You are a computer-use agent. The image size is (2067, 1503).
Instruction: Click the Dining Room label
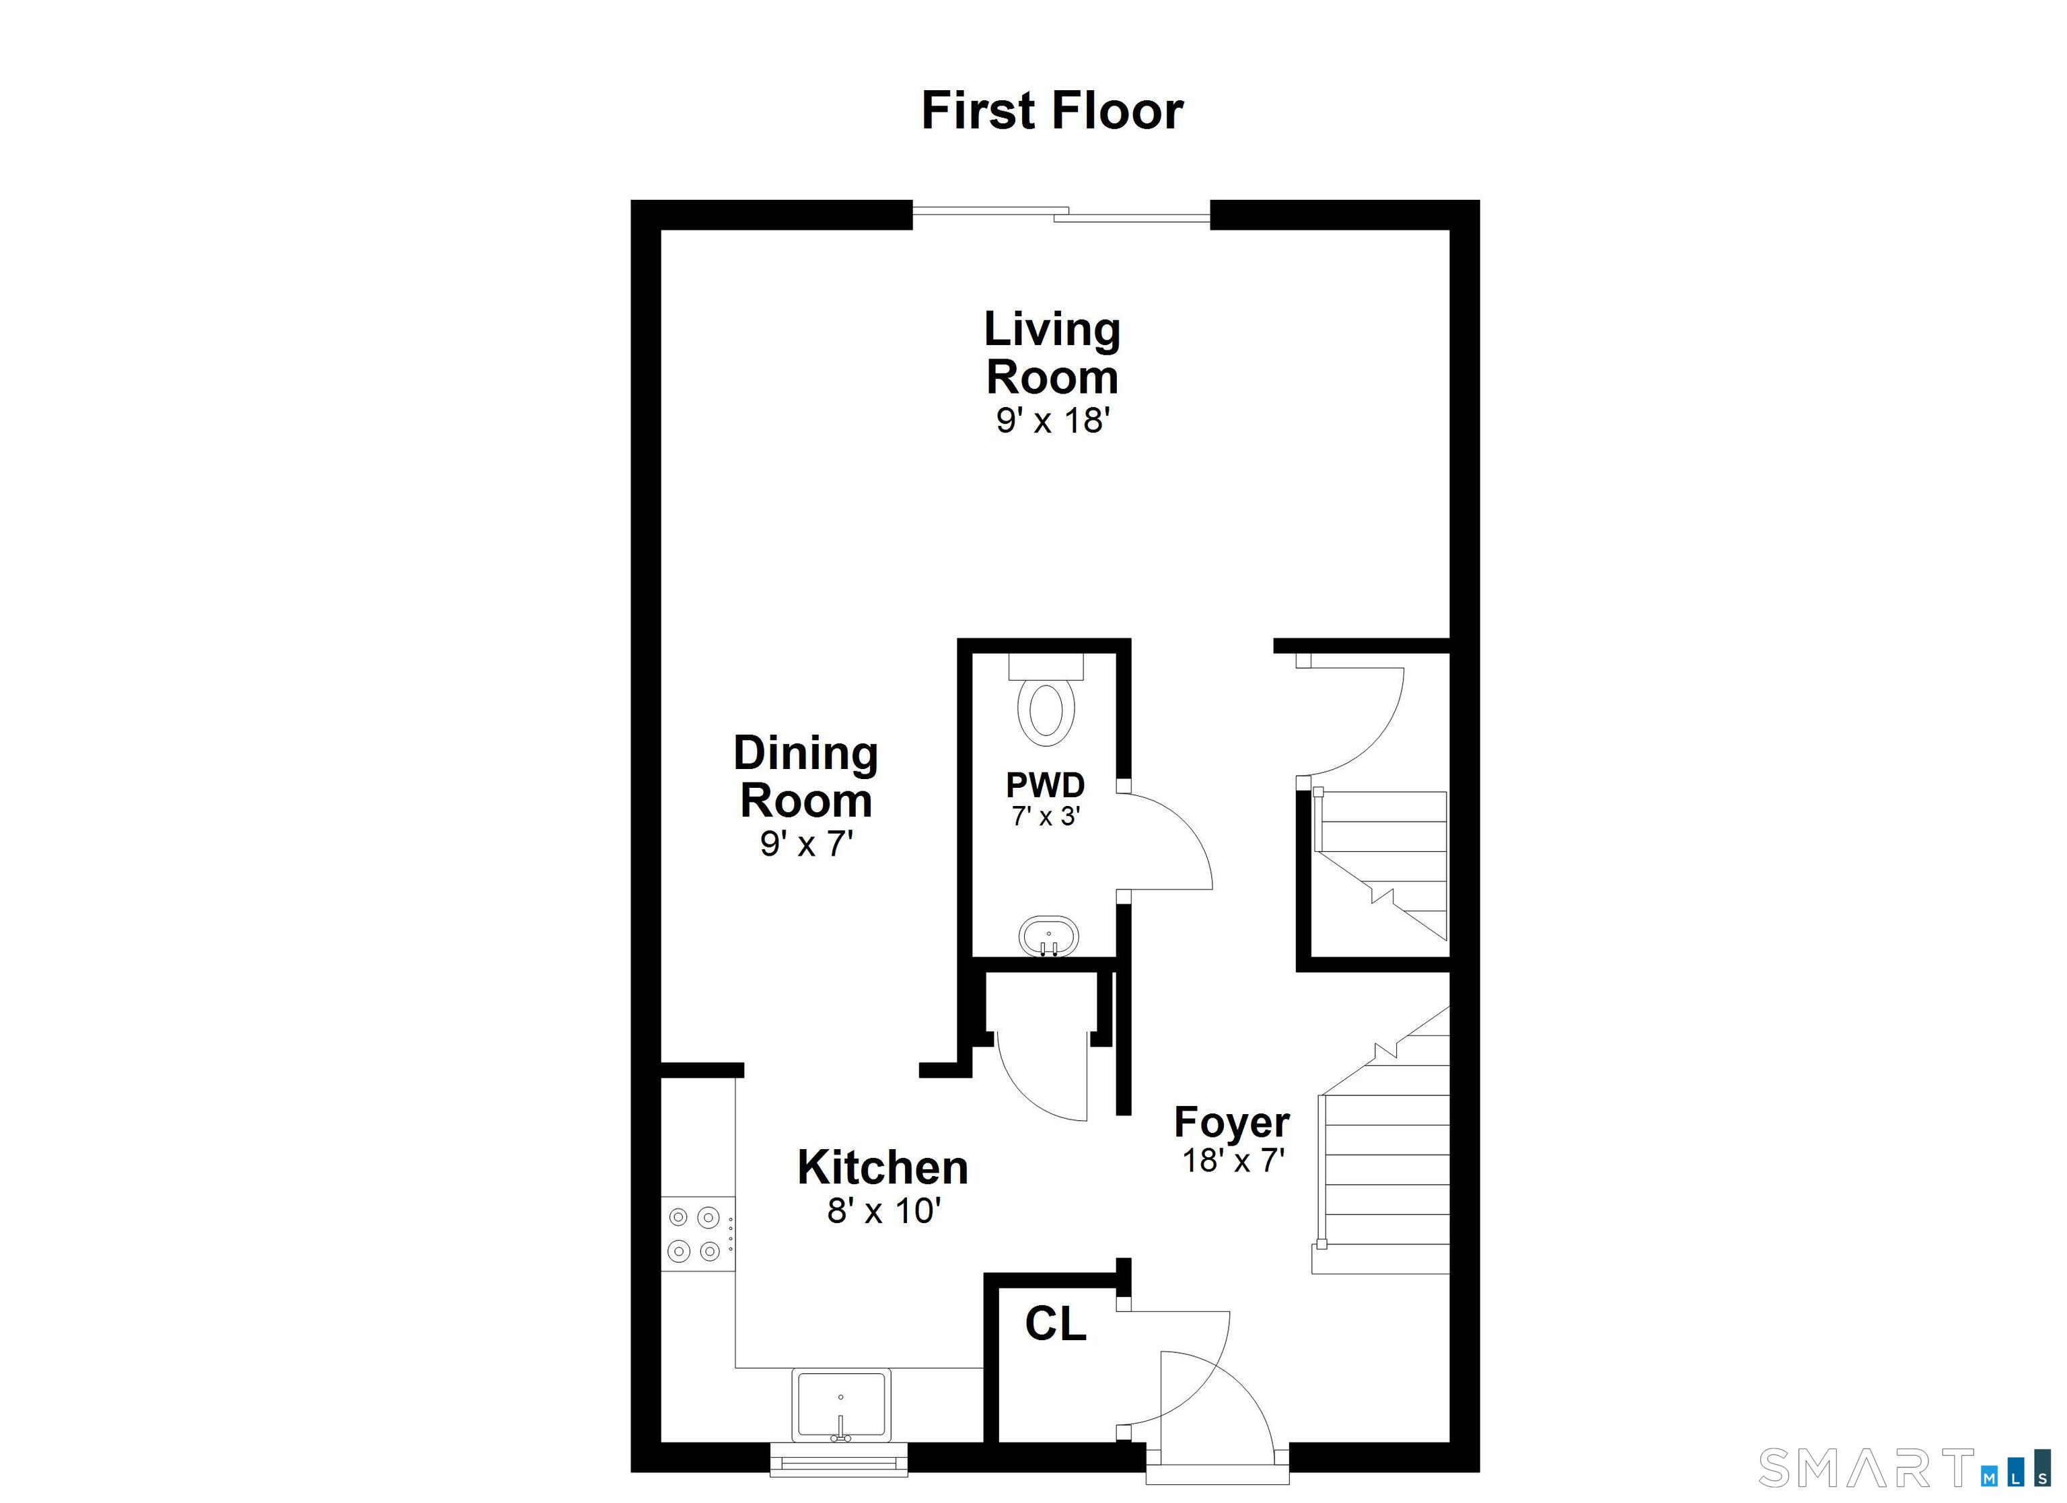click(805, 776)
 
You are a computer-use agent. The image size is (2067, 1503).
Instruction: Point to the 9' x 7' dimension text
click(805, 845)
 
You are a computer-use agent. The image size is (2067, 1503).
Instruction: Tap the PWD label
click(1046, 784)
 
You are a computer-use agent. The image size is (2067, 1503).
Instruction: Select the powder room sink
click(1048, 936)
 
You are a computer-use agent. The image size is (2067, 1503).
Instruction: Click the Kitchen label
click(882, 1167)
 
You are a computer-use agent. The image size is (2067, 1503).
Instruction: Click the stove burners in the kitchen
click(694, 1234)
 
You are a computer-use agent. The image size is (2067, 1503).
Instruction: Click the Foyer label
click(1231, 1122)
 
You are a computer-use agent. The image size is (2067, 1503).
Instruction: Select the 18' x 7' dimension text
click(1233, 1161)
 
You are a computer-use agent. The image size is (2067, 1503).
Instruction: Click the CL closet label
click(1056, 1324)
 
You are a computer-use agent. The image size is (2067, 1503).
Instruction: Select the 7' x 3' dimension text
click(1046, 817)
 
